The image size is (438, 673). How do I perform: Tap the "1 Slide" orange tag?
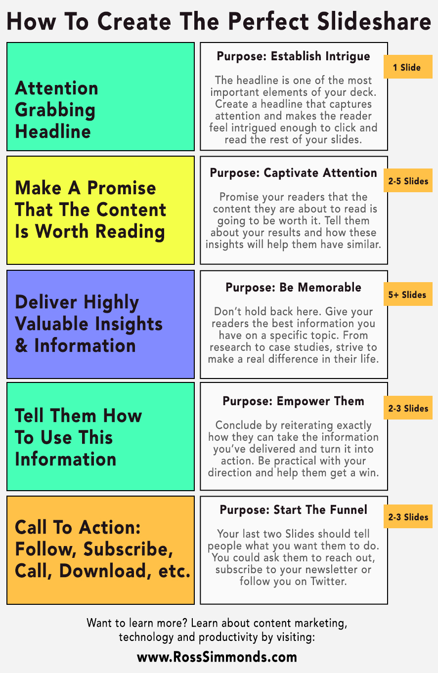pyautogui.click(x=407, y=68)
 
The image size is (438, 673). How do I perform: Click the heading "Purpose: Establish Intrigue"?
pyautogui.click(x=294, y=56)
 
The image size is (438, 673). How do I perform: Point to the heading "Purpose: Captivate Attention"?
pyautogui.click(x=294, y=173)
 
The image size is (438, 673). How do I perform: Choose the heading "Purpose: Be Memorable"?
pyautogui.click(x=294, y=288)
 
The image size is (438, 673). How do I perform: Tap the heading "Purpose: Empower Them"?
pyautogui.click(x=294, y=401)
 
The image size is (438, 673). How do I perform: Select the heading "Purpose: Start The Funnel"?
pyautogui.click(x=294, y=509)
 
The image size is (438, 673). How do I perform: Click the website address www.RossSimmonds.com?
pyautogui.click(x=217, y=657)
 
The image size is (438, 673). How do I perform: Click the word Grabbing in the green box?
pyautogui.click(x=55, y=110)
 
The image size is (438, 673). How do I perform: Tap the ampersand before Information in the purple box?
pyautogui.click(x=21, y=346)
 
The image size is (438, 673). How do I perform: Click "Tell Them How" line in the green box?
pyautogui.click(x=78, y=416)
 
